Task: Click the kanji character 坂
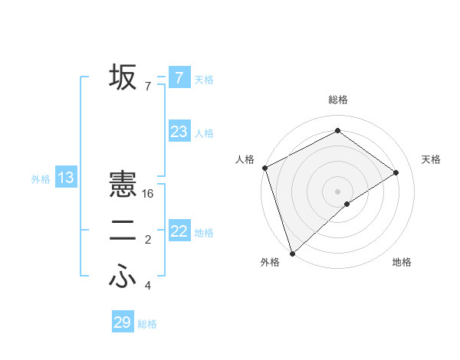click(123, 78)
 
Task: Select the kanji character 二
click(123, 231)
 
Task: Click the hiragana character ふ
click(123, 277)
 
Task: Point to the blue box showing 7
click(179, 77)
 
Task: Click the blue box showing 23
click(179, 132)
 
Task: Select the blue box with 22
click(179, 231)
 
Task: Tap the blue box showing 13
click(66, 178)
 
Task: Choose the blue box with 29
click(122, 322)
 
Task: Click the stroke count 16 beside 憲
click(148, 194)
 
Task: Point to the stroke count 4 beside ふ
click(148, 286)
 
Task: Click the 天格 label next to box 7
click(204, 80)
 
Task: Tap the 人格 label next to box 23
click(204, 133)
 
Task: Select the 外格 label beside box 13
click(41, 180)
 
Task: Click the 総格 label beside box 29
click(147, 324)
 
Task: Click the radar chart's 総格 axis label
click(337, 100)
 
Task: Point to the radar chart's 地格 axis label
click(402, 263)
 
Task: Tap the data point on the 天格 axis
click(396, 172)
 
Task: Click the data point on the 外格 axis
click(292, 253)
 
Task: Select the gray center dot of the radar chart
click(337, 191)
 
